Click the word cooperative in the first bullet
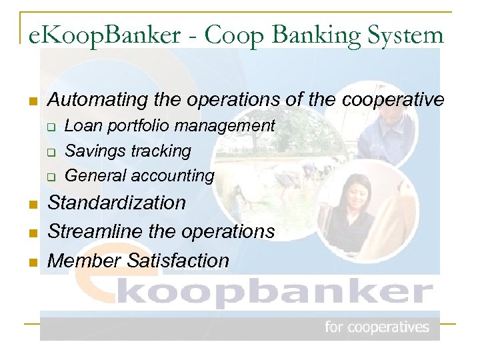[393, 100]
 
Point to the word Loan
[81, 125]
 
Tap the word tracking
[160, 151]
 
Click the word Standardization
[117, 203]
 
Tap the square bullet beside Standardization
[31, 204]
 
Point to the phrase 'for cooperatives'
[377, 327]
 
